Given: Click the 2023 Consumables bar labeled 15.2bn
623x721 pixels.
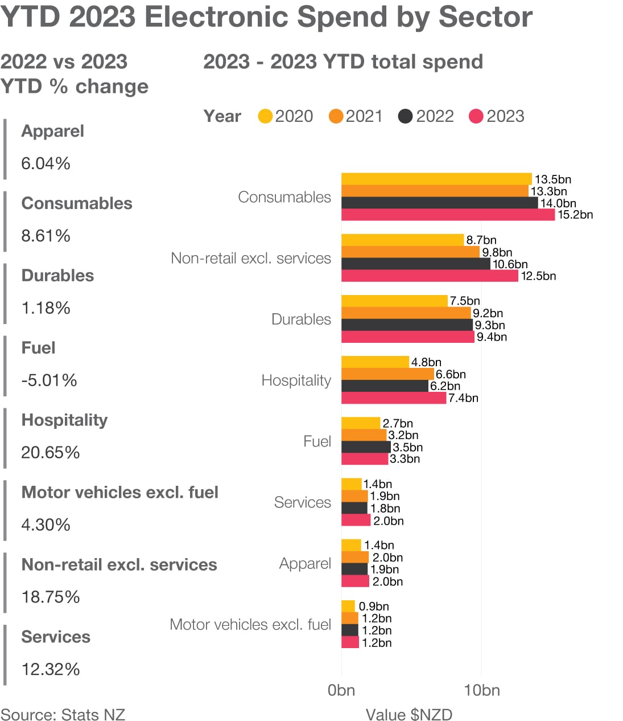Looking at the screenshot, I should coord(448,215).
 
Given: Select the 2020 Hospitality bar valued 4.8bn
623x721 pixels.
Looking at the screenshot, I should coord(375,362).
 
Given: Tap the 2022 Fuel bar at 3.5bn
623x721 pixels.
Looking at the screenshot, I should coord(366,447).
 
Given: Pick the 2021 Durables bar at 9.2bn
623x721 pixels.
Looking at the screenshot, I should coord(406,313).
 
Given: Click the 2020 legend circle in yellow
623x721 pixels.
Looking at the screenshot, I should coord(265,116).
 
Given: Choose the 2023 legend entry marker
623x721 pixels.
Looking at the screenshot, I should coord(476,116).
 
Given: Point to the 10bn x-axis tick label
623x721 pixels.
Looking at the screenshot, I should coord(481,690).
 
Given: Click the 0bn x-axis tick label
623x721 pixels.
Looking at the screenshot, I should coord(341,690).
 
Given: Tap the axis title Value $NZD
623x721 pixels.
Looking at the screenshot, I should coord(409,715).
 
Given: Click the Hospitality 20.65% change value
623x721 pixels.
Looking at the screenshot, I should coord(50,452).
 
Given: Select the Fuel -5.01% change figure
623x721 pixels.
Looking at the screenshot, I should coord(49,380).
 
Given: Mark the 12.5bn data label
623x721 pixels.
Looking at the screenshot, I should coord(538,276).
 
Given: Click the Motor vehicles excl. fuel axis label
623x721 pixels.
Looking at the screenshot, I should coord(250,624).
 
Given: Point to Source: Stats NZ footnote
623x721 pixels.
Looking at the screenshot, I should coord(63,715).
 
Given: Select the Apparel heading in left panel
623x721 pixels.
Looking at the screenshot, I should coord(52,131).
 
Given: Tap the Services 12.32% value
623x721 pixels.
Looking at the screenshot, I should coord(50,669).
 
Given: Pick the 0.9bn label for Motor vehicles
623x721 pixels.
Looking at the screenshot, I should coord(374,607).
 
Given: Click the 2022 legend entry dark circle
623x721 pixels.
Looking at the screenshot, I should coord(405,116).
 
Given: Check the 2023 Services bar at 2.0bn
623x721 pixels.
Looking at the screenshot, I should coord(356,521).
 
